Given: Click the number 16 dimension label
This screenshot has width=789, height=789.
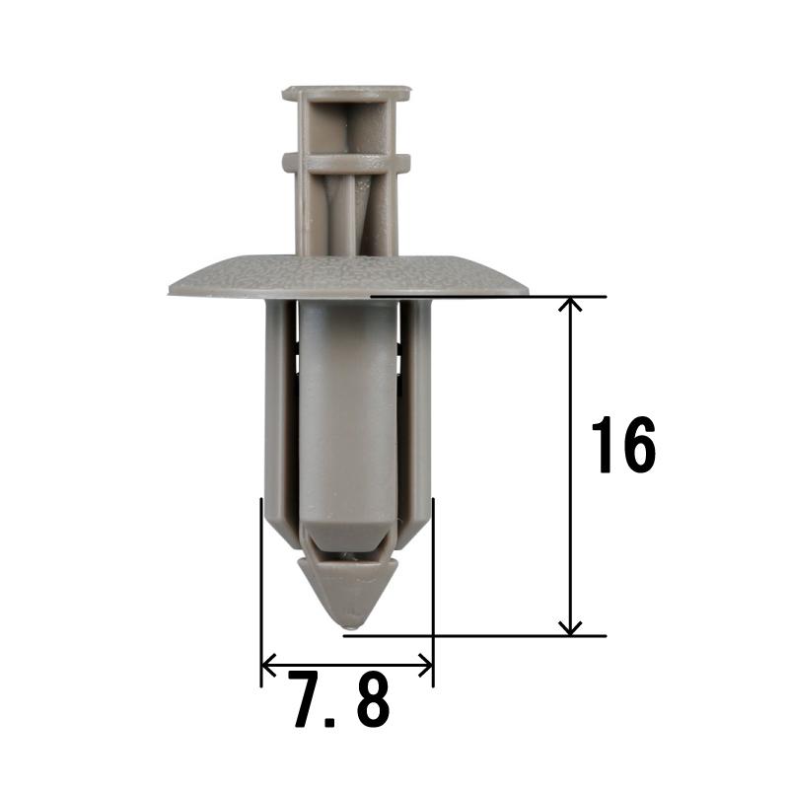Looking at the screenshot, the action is click(x=623, y=445).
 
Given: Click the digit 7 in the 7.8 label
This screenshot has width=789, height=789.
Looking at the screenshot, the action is click(x=307, y=698).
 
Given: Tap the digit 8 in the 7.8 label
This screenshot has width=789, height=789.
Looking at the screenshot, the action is click(x=373, y=698).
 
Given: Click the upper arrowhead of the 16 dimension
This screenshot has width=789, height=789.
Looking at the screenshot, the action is click(x=570, y=304).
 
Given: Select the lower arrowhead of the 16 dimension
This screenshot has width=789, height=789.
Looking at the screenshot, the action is click(x=570, y=628).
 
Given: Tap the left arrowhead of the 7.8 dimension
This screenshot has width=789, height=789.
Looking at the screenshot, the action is click(x=269, y=666).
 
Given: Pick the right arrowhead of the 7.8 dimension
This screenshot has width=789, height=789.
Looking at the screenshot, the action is click(x=426, y=666).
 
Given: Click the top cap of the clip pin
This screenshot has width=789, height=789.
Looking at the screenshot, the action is click(x=346, y=94).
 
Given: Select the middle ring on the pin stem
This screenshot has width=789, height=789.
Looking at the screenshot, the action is click(x=346, y=162).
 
